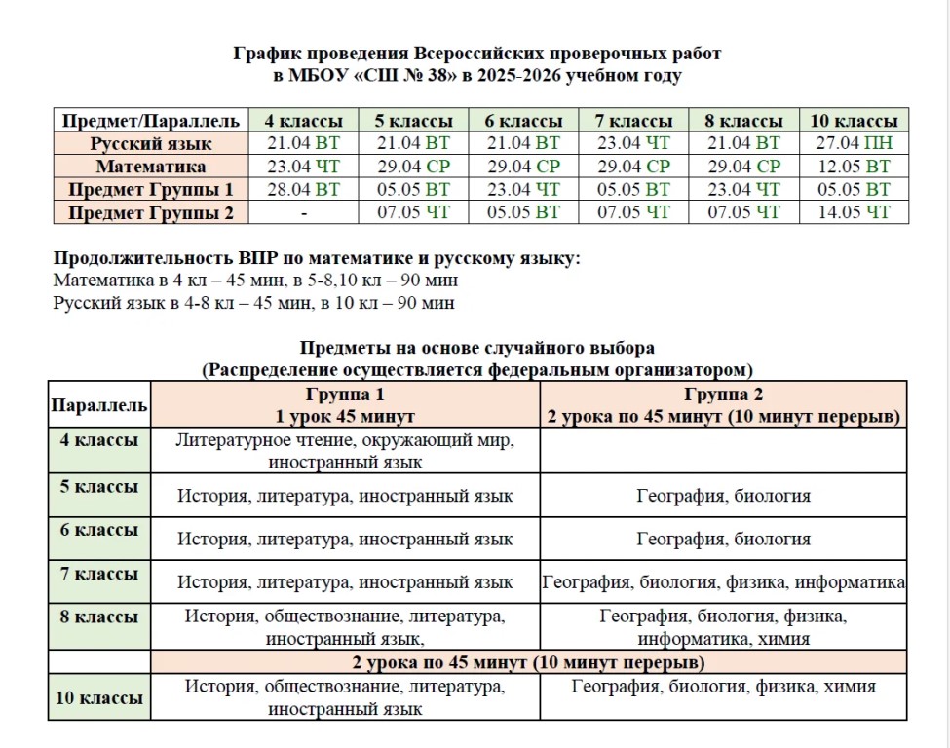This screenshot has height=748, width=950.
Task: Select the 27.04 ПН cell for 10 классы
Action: pos(854,143)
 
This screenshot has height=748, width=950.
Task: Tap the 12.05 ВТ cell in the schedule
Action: pos(854,166)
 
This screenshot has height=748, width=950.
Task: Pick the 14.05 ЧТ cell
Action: pos(854,211)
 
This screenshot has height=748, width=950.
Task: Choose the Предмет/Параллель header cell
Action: pos(151,121)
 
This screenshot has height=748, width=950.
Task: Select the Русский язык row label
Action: pos(151,143)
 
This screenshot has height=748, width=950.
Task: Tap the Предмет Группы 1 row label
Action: pos(151,189)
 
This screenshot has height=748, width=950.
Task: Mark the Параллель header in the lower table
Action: pos(98,405)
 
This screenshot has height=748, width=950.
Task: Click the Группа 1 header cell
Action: pos(345,405)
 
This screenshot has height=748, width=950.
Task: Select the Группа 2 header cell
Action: pos(723,405)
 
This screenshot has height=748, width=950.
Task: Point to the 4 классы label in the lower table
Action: pos(98,440)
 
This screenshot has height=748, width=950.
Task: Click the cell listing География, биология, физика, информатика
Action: pos(723,582)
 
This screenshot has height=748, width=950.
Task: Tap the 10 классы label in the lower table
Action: pos(98,698)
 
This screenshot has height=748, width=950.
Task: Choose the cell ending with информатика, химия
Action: pos(723,628)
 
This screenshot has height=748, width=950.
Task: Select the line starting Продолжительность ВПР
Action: pos(317,259)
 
